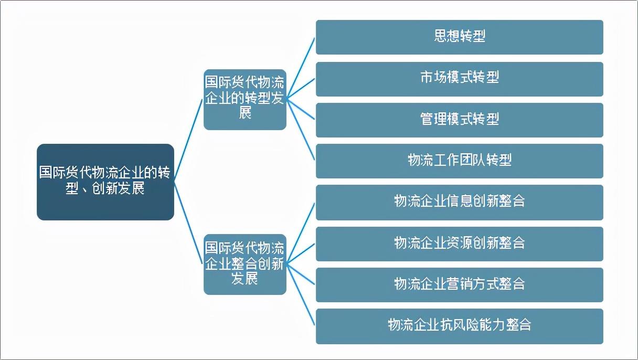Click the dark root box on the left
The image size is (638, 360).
tap(105, 182)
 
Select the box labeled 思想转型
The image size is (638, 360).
tap(460, 37)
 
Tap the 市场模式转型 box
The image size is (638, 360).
tap(460, 79)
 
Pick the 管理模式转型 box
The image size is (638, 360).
tap(460, 120)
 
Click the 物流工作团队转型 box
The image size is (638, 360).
tap(460, 161)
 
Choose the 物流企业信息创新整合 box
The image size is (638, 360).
tap(460, 203)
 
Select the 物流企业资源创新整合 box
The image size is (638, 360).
tap(460, 244)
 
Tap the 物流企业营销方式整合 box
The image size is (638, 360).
tap(460, 285)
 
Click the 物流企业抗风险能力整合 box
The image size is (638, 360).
tap(460, 326)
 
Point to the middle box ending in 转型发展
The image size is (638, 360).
tap(245, 100)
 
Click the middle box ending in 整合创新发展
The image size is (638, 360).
tap(245, 264)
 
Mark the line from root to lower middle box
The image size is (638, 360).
tap(188, 223)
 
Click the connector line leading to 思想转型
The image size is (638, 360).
tap(301, 68)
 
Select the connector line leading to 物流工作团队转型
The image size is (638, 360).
tap(301, 130)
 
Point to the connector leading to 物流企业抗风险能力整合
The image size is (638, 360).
tap(301, 294)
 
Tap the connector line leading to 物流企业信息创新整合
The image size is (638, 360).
tap(301, 234)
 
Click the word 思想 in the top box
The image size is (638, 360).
tap(446, 36)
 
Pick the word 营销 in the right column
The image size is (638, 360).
tap(460, 284)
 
